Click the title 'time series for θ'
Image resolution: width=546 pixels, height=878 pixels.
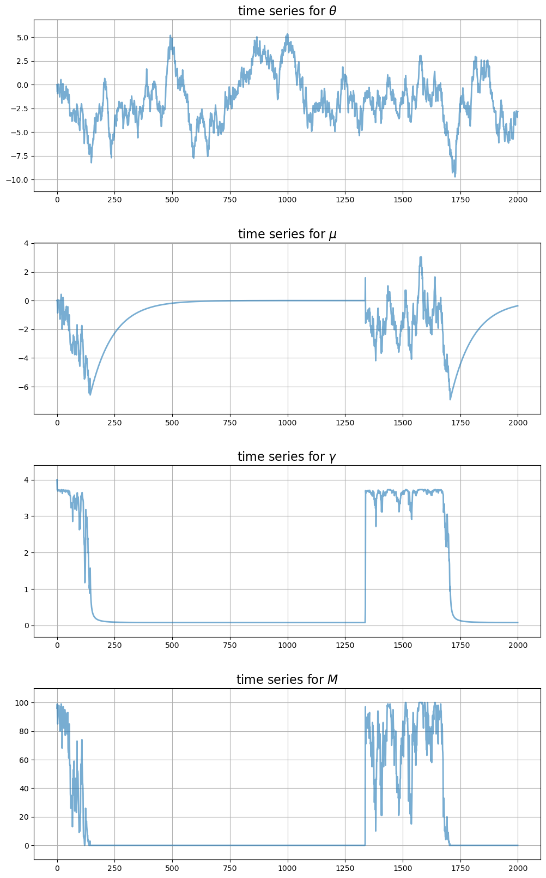[287, 11]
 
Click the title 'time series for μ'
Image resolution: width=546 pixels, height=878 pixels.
[287, 234]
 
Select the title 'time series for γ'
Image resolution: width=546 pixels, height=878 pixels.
[287, 456]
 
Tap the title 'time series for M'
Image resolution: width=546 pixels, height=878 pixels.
[287, 679]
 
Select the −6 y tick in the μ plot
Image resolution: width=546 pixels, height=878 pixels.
[25, 387]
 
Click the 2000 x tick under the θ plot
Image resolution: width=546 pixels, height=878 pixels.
[518, 200]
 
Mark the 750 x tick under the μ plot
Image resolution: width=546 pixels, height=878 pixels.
[230, 423]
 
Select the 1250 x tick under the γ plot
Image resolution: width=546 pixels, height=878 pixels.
[345, 645]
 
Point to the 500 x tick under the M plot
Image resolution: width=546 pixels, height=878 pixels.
[172, 868]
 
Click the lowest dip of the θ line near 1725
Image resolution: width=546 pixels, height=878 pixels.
[455, 176]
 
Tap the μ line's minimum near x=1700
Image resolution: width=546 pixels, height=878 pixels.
[450, 399]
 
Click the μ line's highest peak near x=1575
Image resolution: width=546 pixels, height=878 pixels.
[421, 257]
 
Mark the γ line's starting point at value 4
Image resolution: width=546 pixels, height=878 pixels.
[57, 480]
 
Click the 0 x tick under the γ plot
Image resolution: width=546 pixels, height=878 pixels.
[57, 645]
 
